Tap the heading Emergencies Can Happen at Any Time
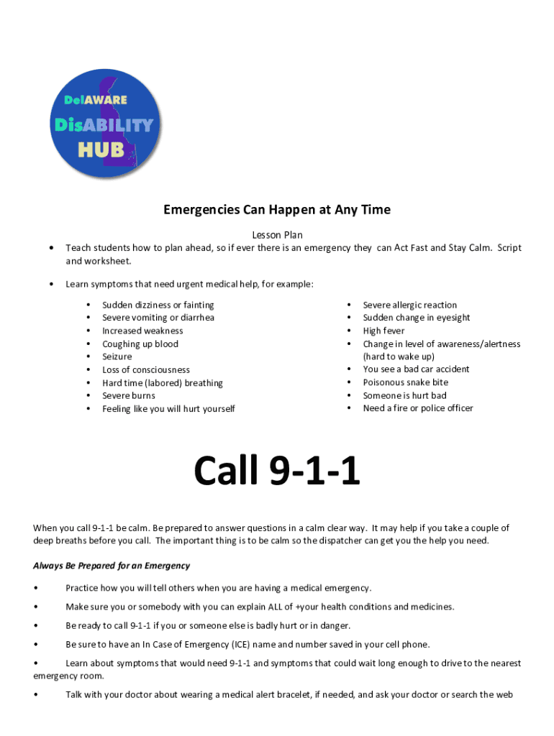click(x=277, y=210)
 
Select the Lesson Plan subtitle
click(x=277, y=235)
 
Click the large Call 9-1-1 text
click(x=277, y=472)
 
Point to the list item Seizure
click(x=117, y=356)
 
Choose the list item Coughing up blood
click(x=140, y=344)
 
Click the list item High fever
click(x=383, y=331)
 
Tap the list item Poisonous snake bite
click(x=405, y=382)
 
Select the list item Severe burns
click(x=128, y=395)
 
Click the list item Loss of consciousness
click(x=145, y=369)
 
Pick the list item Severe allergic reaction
click(x=409, y=305)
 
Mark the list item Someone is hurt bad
click(x=404, y=395)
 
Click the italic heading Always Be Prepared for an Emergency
click(x=112, y=566)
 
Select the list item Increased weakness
click(x=142, y=331)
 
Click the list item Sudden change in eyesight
click(x=416, y=318)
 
